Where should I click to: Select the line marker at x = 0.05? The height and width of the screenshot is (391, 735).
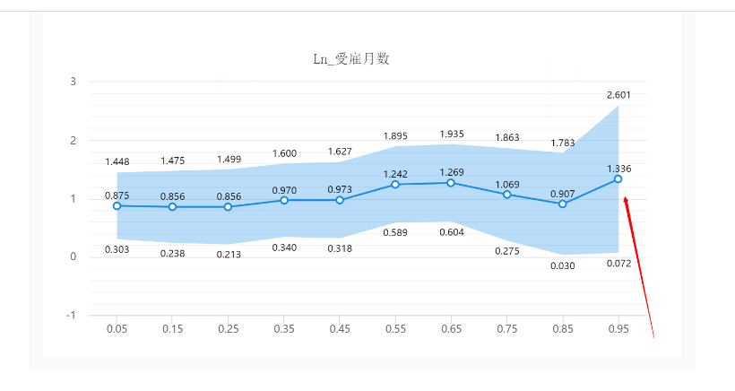pyautogui.click(x=117, y=205)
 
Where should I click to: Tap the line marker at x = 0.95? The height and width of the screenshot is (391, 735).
pyautogui.click(x=618, y=179)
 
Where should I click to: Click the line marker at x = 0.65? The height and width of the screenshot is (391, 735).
pyautogui.click(x=451, y=183)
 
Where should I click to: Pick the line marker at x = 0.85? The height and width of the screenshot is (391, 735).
pyautogui.click(x=563, y=204)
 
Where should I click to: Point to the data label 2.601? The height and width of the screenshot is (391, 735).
pyautogui.click(x=618, y=95)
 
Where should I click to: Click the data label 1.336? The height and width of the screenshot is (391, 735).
pyautogui.click(x=618, y=169)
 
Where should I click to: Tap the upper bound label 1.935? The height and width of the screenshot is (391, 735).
pyautogui.click(x=451, y=135)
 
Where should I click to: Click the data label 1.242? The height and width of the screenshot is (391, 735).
pyautogui.click(x=395, y=174)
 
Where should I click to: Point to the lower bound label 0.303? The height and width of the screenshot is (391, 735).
pyautogui.click(x=117, y=249)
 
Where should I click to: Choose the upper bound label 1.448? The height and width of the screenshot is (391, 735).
pyautogui.click(x=117, y=162)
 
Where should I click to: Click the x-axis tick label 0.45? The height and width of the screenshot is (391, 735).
pyautogui.click(x=340, y=330)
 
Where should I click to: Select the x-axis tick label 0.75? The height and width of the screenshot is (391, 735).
pyautogui.click(x=506, y=330)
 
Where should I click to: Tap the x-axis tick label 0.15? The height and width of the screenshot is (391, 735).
pyautogui.click(x=173, y=330)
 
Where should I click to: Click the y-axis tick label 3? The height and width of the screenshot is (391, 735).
pyautogui.click(x=73, y=82)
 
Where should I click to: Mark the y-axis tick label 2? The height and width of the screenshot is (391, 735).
pyautogui.click(x=73, y=141)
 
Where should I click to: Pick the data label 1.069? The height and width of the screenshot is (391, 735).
pyautogui.click(x=506, y=184)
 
